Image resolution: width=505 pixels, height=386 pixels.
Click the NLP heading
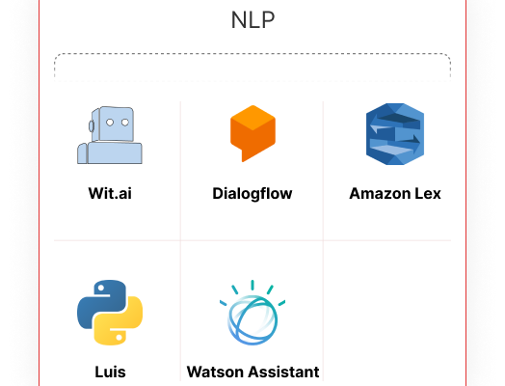(252, 20)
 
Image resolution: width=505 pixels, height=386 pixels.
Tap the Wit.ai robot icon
(110, 135)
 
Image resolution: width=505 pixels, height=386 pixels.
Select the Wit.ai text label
(110, 194)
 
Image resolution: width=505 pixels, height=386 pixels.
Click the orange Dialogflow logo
(252, 133)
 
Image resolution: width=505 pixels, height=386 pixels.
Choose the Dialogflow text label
(252, 194)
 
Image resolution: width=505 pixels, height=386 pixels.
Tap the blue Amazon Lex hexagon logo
(395, 134)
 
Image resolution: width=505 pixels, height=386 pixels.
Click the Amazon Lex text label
(395, 194)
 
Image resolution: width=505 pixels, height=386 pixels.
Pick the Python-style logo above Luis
(110, 313)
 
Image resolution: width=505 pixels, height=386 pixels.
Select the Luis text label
(110, 372)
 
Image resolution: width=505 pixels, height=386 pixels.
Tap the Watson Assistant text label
(252, 372)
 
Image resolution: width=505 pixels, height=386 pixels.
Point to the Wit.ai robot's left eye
(110, 123)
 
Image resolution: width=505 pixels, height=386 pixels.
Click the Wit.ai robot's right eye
(125, 123)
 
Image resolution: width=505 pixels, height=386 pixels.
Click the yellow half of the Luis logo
(122, 326)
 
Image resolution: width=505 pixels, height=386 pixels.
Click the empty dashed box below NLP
(252, 67)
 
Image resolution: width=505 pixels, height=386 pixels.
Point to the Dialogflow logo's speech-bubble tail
(245, 155)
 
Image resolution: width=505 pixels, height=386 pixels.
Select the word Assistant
(284, 372)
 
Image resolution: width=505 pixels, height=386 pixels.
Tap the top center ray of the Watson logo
(252, 285)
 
